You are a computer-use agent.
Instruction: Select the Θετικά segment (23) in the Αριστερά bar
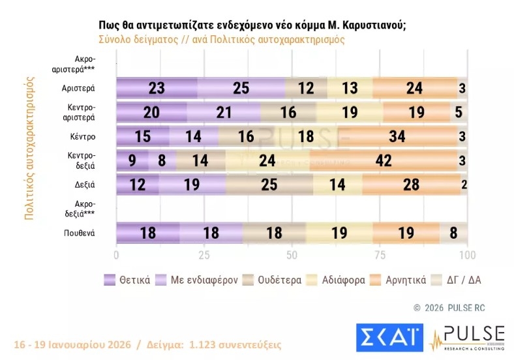tap(157, 87)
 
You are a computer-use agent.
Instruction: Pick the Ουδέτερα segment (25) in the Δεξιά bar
tap(269, 185)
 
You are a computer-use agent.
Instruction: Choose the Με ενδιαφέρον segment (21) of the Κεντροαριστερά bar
tap(224, 112)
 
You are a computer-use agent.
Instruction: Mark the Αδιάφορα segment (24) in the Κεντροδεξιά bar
tap(267, 160)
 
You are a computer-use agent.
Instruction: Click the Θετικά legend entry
tap(128, 280)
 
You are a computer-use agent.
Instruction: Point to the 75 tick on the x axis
tap(380, 254)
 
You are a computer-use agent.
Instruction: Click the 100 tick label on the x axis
tap(467, 254)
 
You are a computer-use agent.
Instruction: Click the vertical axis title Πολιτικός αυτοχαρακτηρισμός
tap(29, 148)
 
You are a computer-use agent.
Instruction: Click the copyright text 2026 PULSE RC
tap(450, 307)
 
